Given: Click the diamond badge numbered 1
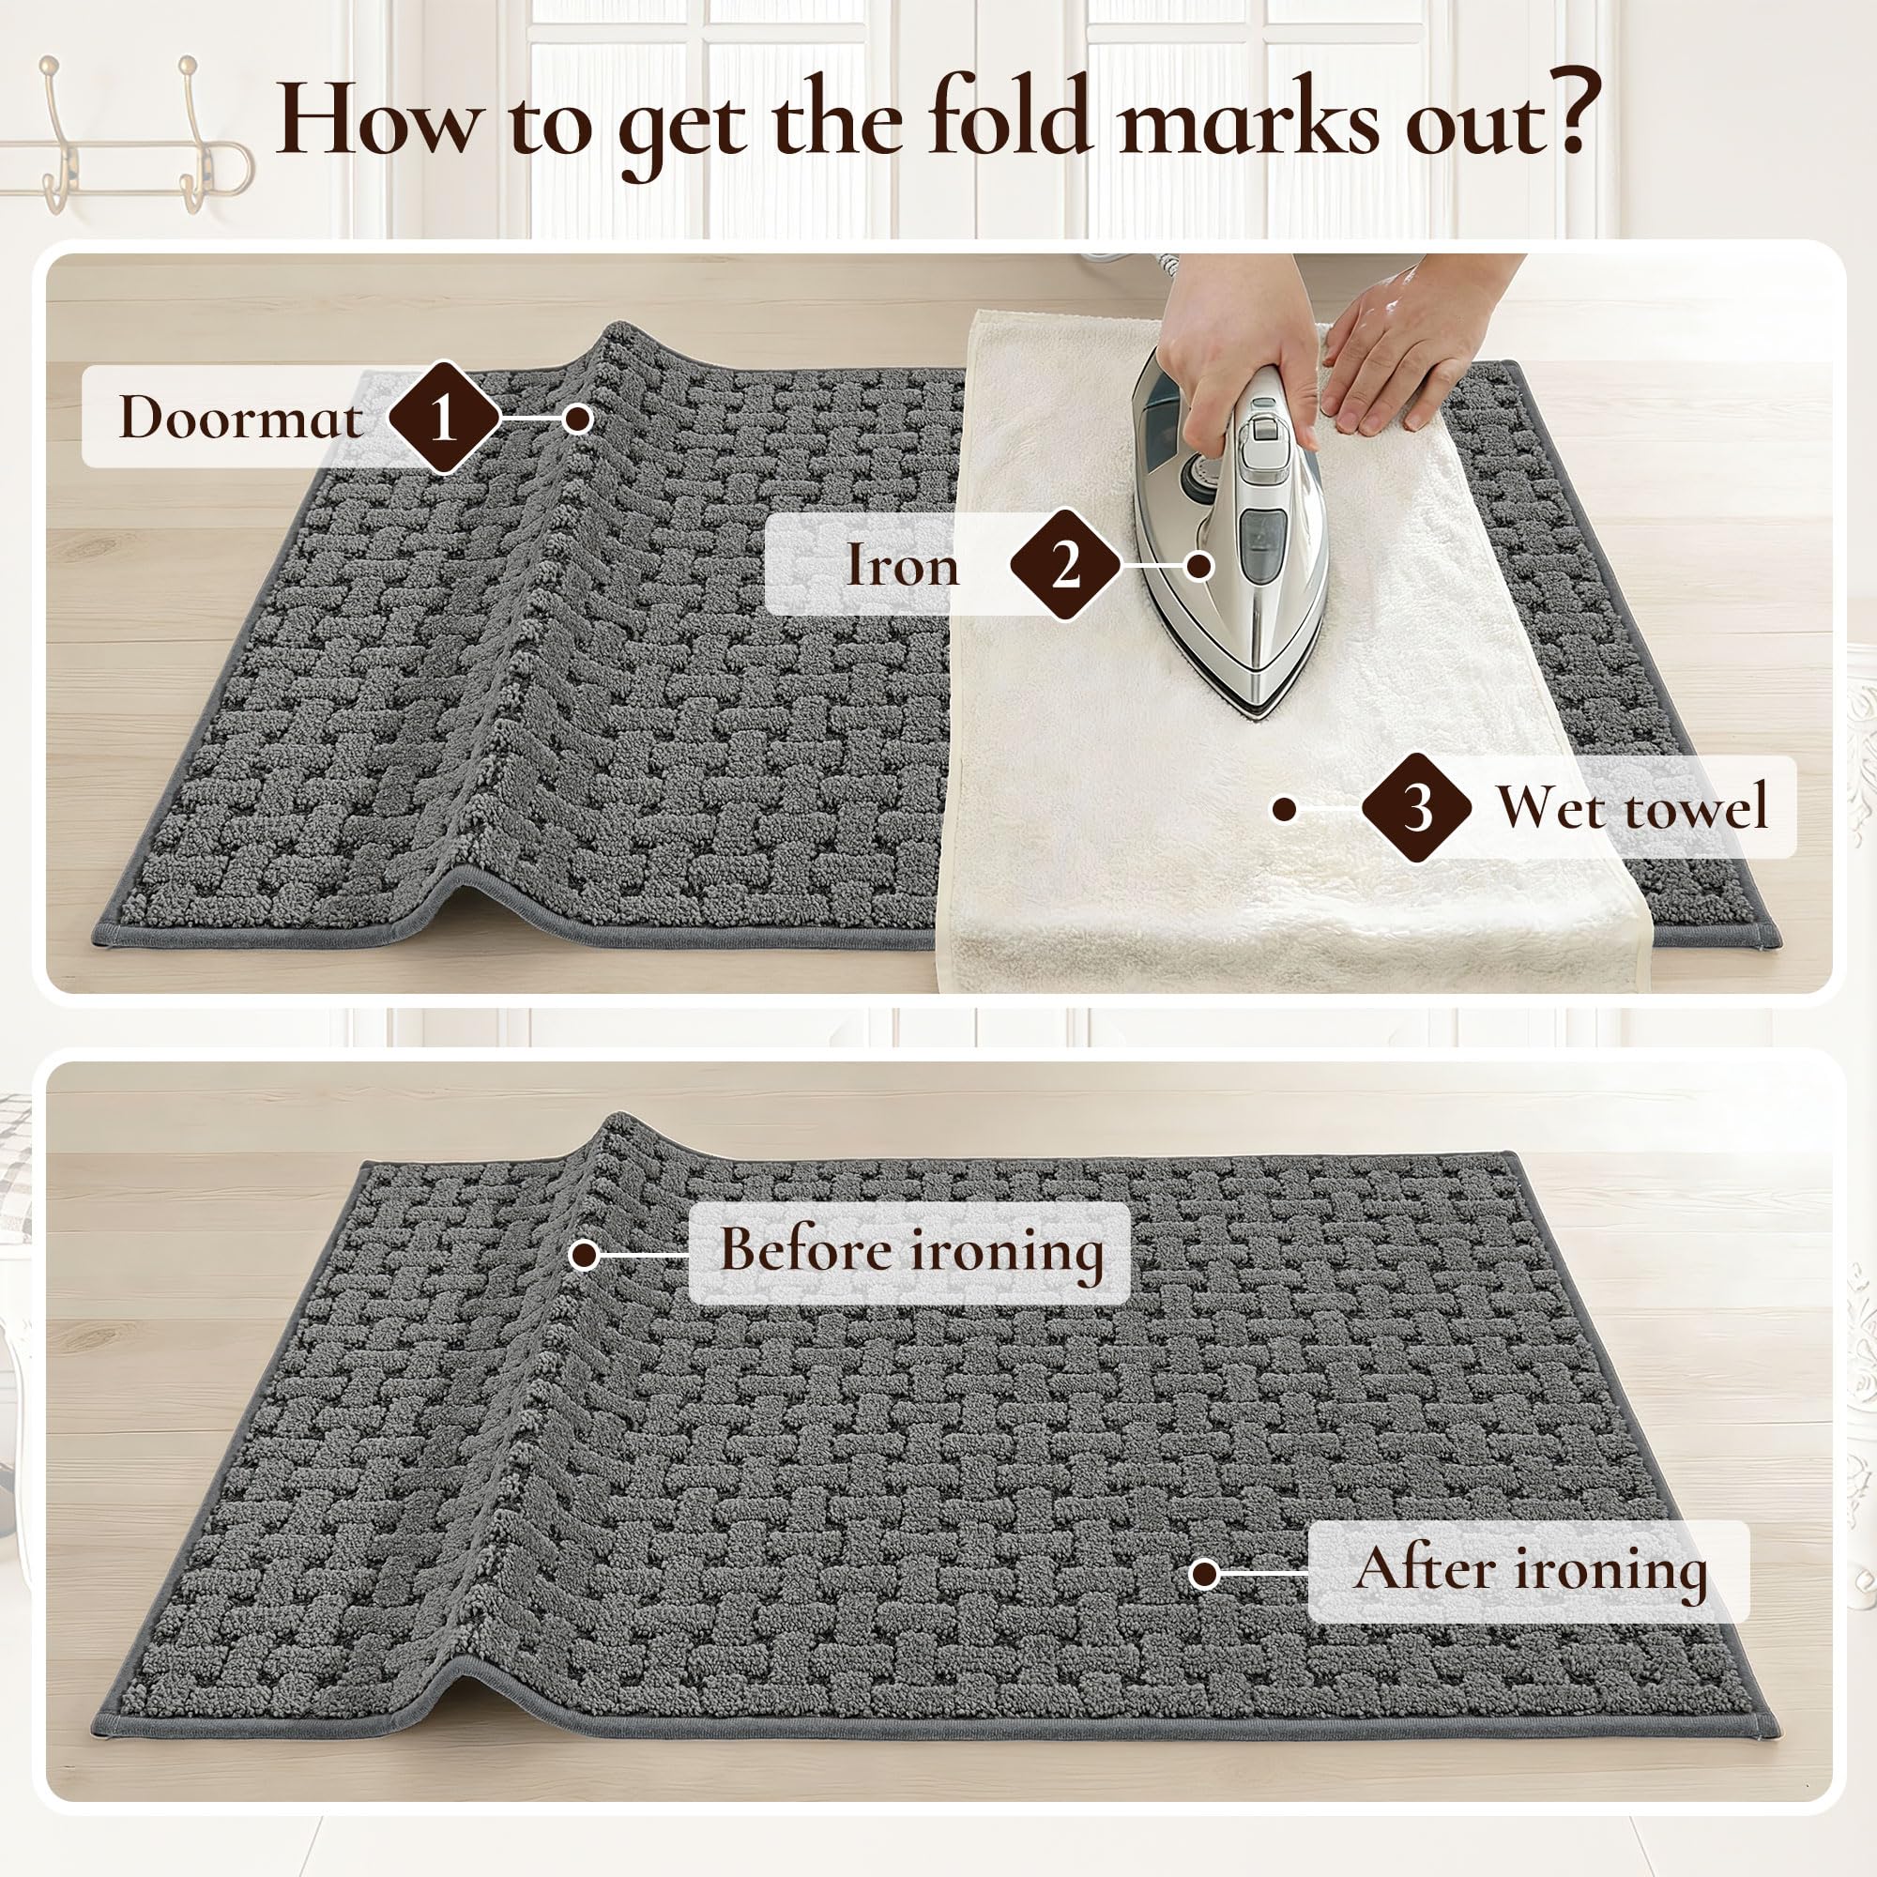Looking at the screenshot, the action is (443, 418).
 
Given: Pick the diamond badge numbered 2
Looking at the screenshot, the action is (1066, 564).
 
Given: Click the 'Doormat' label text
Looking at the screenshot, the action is (241, 418).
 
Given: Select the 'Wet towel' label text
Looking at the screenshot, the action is (1632, 806).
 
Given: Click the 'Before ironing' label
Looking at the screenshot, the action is (911, 1250).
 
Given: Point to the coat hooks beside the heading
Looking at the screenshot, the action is (127, 136).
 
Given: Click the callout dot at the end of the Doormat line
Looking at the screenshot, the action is (578, 419).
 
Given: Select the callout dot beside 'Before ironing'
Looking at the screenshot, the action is (584, 1254).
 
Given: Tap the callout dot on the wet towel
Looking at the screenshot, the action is (1285, 808).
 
